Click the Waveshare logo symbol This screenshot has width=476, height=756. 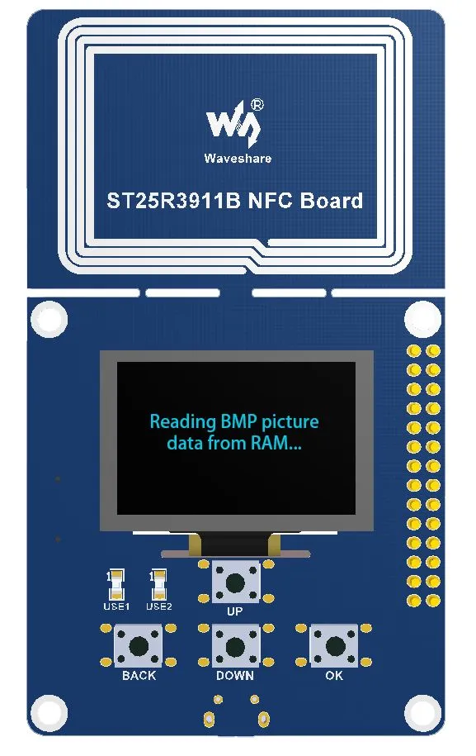click(x=233, y=123)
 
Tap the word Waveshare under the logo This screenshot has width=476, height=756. click(x=238, y=158)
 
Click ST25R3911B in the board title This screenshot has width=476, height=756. click(x=173, y=201)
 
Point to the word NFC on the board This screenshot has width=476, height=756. click(x=270, y=201)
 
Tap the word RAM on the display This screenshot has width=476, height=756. click(x=275, y=443)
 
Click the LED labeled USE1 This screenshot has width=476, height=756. click(x=116, y=584)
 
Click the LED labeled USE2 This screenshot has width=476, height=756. click(x=158, y=584)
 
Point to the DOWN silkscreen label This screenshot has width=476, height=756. click(x=235, y=676)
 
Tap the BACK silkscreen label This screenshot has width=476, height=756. click(x=139, y=676)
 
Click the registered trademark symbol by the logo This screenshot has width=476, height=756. click(x=257, y=105)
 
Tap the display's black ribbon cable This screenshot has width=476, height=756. click(x=235, y=544)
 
